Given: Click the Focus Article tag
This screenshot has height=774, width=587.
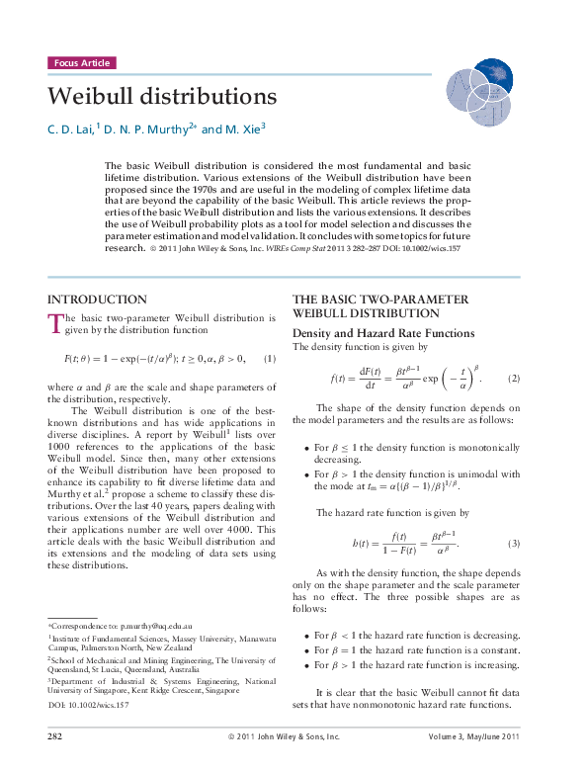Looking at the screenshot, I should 81,62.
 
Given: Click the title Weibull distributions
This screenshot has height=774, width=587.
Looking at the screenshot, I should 162,97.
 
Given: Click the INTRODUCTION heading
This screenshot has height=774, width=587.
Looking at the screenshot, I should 97,300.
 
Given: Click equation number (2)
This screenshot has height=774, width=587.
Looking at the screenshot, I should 514,379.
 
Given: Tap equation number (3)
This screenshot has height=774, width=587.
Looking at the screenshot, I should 514,544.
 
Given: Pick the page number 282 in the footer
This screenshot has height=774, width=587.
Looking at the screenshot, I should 56,764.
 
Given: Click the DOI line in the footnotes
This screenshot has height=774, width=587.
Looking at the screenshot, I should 88,704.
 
